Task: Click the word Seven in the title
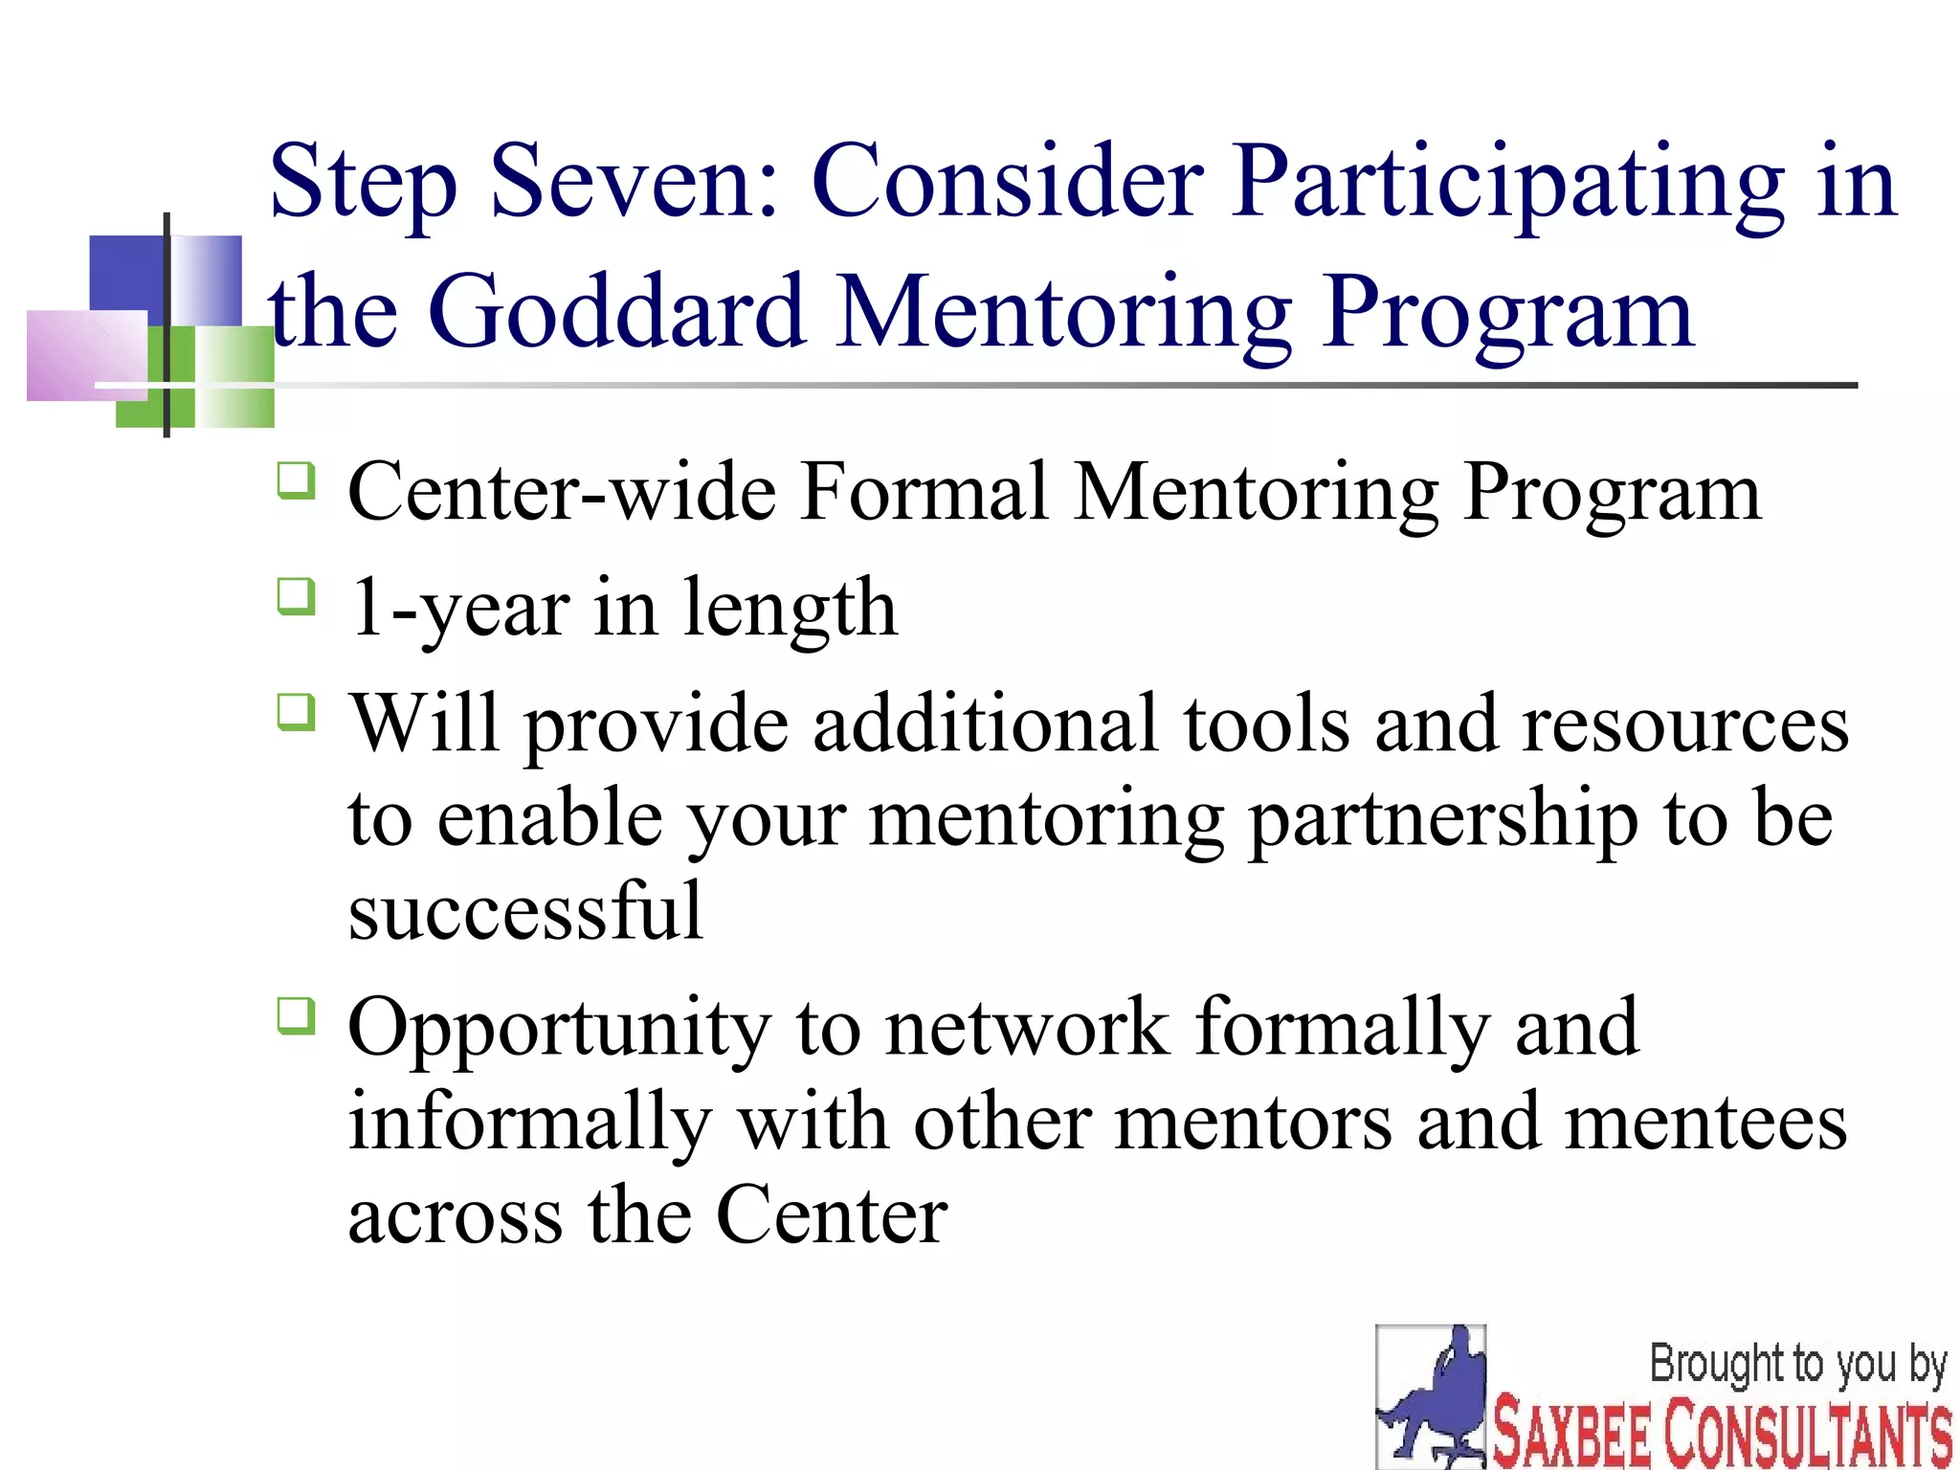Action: point(635,182)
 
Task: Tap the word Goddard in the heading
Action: point(616,312)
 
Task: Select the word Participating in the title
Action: point(1507,184)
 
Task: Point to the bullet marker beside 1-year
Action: point(296,596)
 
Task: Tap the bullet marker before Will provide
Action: point(296,711)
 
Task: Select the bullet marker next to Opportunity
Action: point(296,1016)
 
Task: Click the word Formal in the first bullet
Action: point(924,492)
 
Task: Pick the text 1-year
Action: point(460,609)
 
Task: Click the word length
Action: point(791,609)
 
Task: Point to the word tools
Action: point(1266,724)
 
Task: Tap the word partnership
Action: point(1443,820)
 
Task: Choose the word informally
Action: point(529,1124)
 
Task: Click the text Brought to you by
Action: point(1797,1364)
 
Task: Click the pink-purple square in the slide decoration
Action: point(86,355)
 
